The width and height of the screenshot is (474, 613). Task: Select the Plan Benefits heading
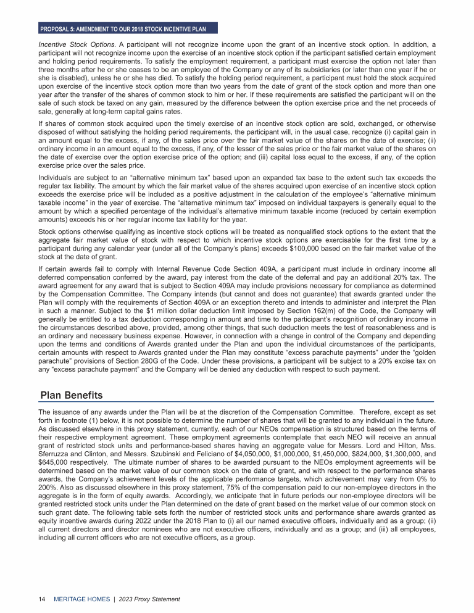(71, 395)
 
